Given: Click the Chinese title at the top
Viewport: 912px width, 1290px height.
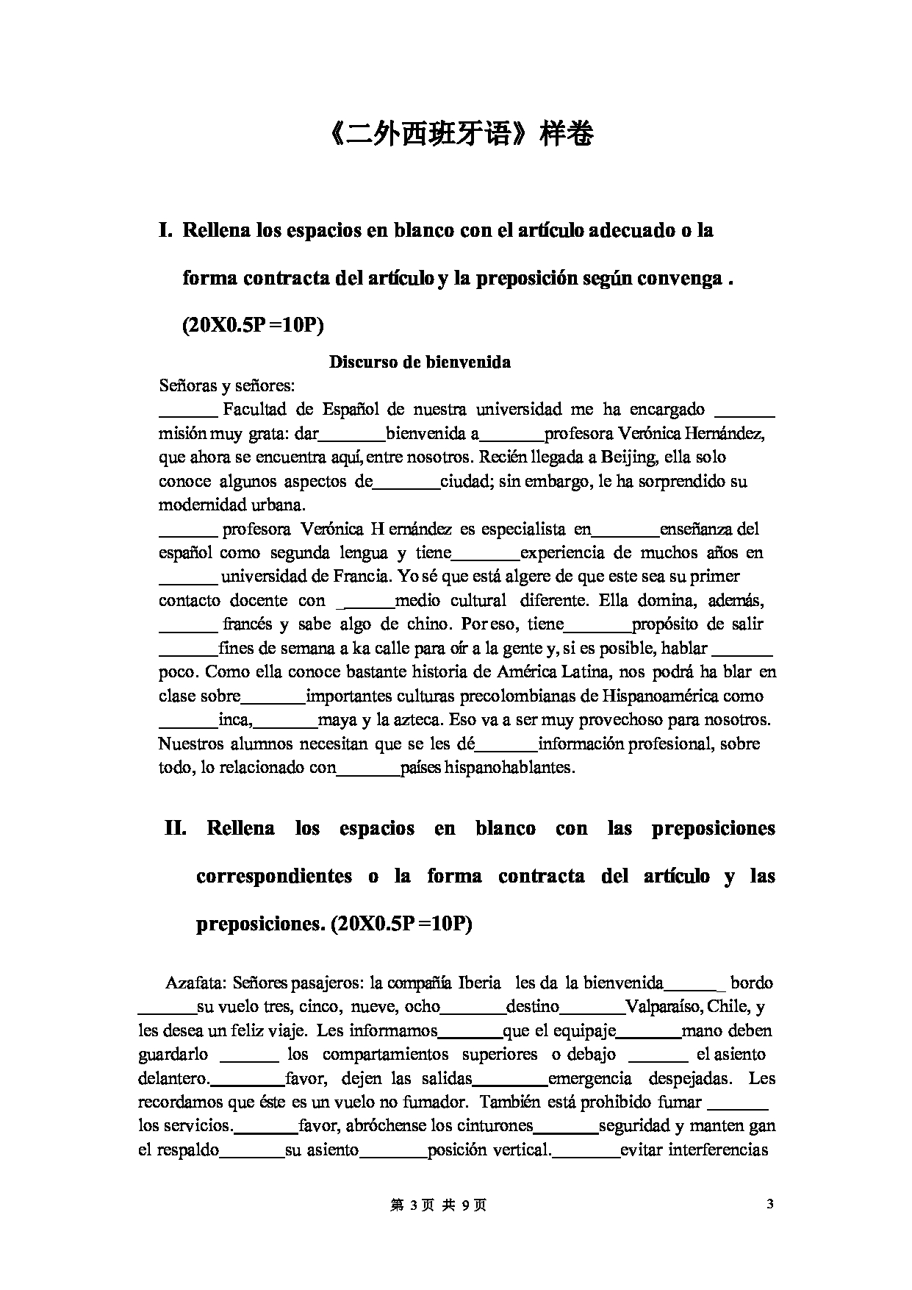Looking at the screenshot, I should (456, 134).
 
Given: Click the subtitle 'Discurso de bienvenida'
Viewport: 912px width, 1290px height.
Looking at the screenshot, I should (420, 362).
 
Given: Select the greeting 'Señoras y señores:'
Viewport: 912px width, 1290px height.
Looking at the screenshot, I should (226, 385).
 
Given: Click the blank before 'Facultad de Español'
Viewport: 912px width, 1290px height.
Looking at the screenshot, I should (187, 410).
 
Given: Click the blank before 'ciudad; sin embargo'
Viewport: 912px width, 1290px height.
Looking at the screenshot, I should (406, 482).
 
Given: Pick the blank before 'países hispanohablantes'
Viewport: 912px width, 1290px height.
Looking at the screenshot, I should (368, 769).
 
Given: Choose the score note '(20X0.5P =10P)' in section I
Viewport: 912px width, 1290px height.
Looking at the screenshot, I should (253, 325).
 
